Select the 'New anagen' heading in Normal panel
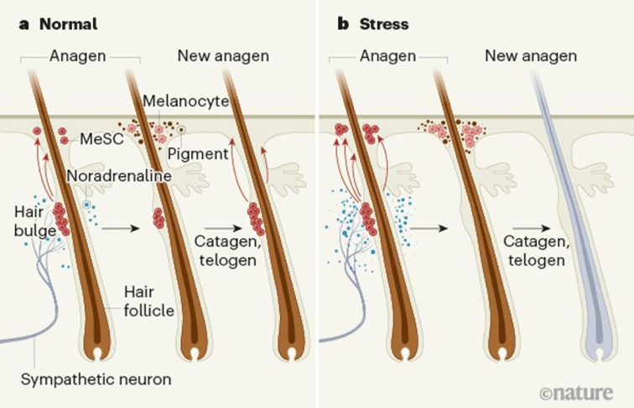(223, 56)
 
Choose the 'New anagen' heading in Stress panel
(531, 56)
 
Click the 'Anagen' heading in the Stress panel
(388, 56)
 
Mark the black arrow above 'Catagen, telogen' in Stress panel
(527, 227)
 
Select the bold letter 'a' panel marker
(23, 23)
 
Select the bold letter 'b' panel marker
(342, 23)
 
